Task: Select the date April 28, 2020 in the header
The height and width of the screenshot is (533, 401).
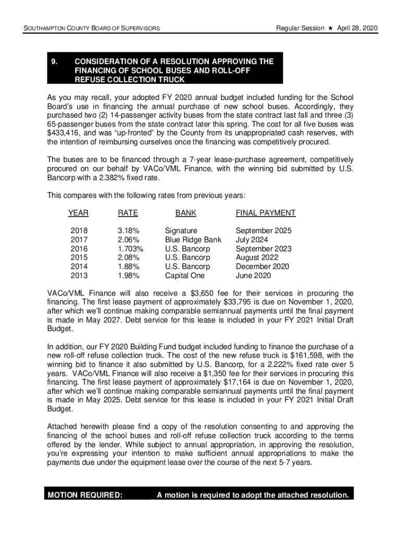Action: (357, 28)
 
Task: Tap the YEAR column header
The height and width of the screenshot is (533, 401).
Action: (78, 213)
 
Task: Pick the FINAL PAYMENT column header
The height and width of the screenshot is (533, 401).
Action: (266, 213)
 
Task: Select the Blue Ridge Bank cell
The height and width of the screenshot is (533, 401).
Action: (193, 239)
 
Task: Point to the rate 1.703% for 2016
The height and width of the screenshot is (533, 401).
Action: (131, 249)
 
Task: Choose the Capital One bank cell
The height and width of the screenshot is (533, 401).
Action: (185, 275)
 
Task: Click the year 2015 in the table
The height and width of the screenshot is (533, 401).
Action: (79, 258)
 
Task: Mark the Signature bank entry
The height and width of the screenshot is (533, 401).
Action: (181, 231)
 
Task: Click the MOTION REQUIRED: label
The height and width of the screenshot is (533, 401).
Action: (85, 495)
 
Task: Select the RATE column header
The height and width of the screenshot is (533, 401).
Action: (128, 213)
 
